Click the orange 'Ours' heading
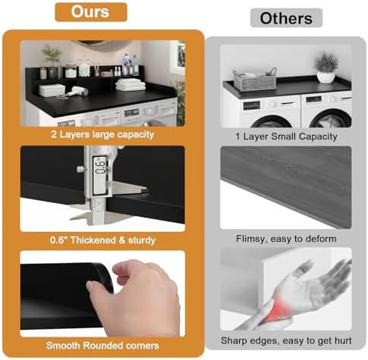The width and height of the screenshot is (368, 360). click(x=90, y=12)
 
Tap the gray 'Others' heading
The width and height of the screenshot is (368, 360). click(x=286, y=18)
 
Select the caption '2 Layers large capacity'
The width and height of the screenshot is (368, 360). click(x=102, y=134)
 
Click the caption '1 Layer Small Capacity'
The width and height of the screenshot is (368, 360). click(x=286, y=136)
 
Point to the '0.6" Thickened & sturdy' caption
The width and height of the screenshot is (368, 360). click(x=102, y=240)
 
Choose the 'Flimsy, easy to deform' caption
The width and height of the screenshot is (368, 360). click(x=286, y=239)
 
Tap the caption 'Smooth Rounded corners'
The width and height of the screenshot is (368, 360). click(x=102, y=346)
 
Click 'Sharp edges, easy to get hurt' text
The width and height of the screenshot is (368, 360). click(x=286, y=340)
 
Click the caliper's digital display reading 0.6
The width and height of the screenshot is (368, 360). click(x=100, y=175)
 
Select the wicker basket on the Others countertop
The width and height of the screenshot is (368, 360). click(x=255, y=80)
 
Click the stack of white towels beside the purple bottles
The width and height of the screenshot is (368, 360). click(x=131, y=85)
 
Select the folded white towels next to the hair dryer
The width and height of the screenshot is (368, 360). click(x=52, y=90)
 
